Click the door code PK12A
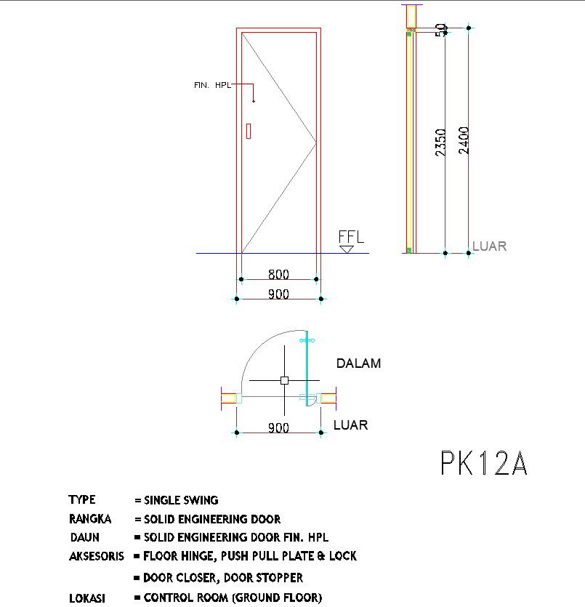484,462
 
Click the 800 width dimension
278,275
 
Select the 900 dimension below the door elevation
278,294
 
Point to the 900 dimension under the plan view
278,427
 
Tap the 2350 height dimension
440,142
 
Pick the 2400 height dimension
464,140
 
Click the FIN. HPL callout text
212,85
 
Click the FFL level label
351,236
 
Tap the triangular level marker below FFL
347,249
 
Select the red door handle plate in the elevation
249,131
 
